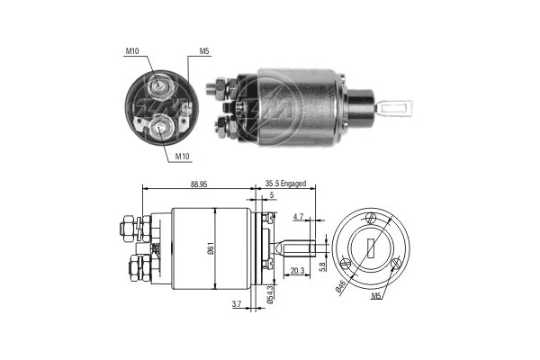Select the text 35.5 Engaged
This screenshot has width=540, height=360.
tap(285, 184)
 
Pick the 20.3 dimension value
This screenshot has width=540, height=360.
tap(298, 269)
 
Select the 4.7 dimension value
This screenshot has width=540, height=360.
tap(300, 217)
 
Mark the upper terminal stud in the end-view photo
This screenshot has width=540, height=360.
tap(158, 86)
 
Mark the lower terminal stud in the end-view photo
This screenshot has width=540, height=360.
tap(159, 126)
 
